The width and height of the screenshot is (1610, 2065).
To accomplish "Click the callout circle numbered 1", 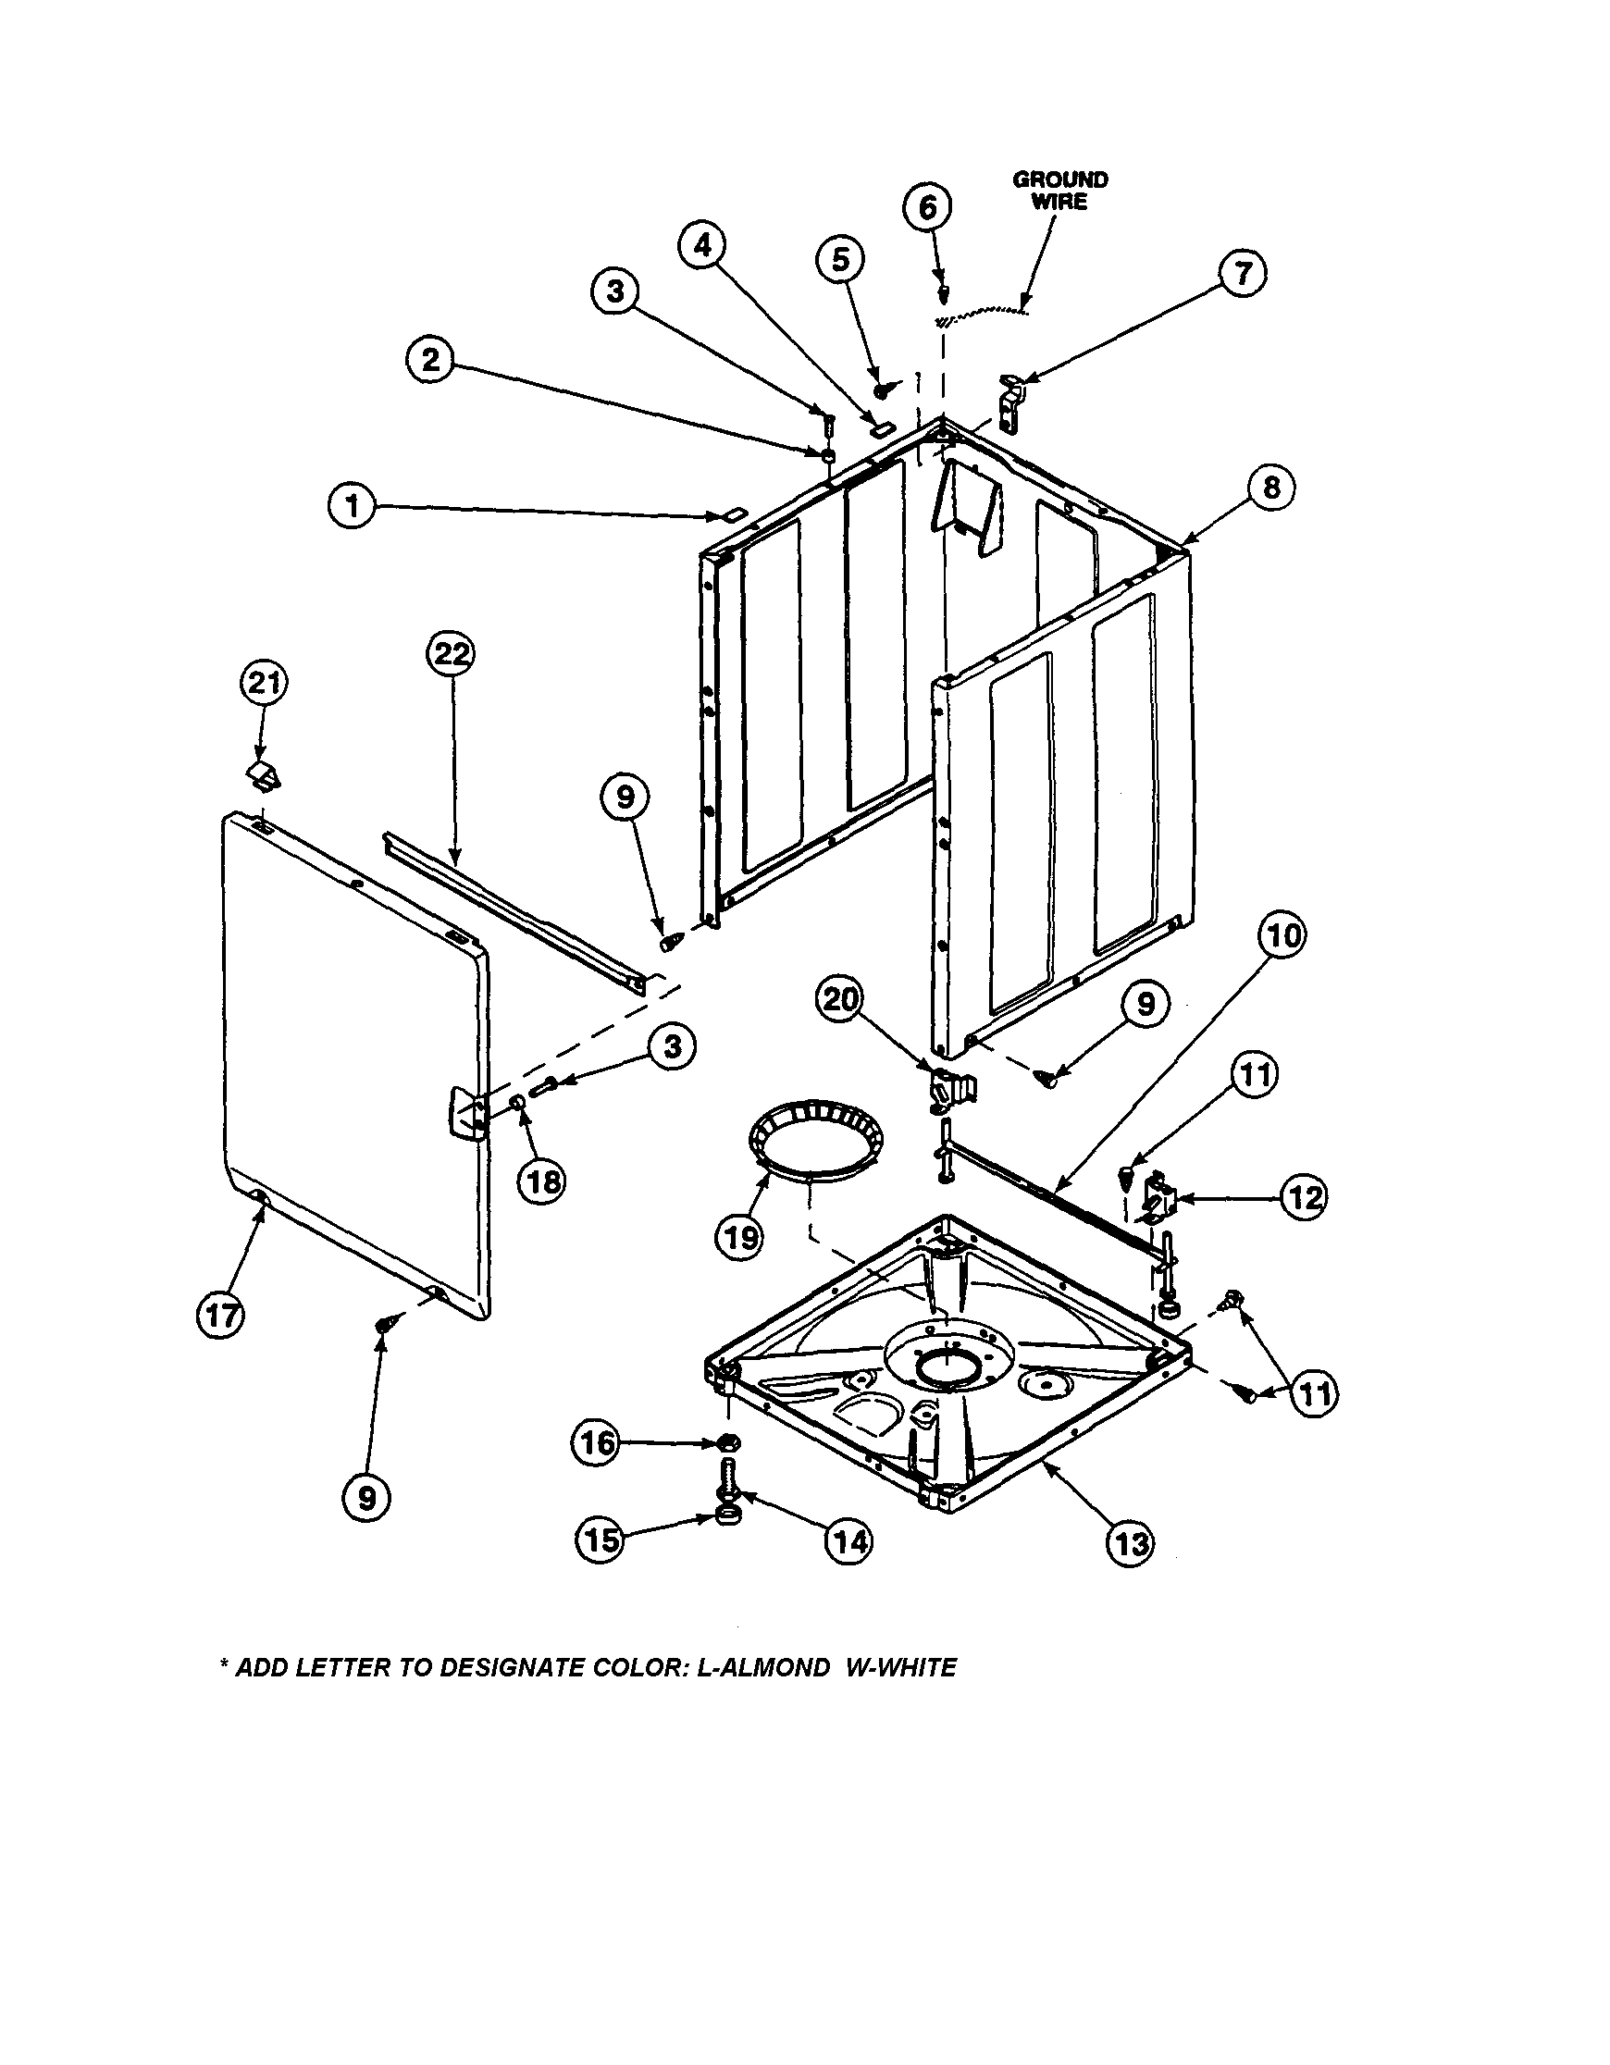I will point(353,508).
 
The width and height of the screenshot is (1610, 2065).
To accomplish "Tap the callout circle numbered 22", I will point(451,653).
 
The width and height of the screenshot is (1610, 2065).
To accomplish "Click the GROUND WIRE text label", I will point(1059,190).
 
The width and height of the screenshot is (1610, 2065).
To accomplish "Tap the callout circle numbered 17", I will point(220,1317).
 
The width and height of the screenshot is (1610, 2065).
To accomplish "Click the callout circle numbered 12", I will point(1305,1197).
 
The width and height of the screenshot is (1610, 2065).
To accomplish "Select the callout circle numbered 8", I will point(1271,487).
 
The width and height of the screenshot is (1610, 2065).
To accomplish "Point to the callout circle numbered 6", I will point(927,207).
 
